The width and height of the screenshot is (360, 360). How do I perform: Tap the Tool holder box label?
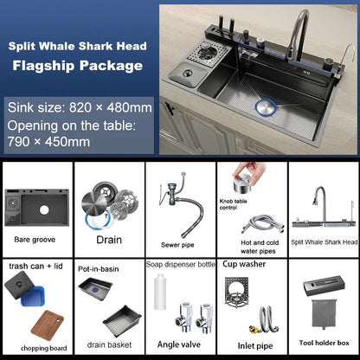tap(324, 342)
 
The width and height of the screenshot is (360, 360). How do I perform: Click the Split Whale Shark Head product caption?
tap(325, 242)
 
